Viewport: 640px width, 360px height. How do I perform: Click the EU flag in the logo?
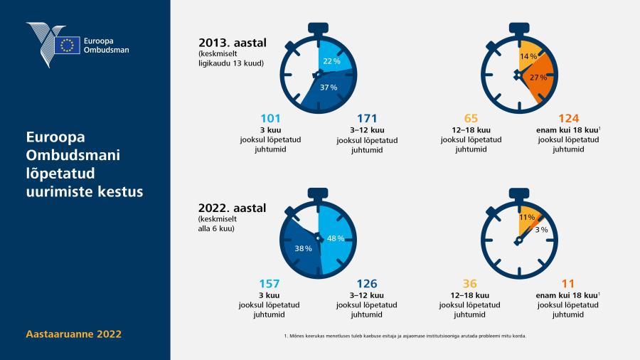pyautogui.click(x=67, y=45)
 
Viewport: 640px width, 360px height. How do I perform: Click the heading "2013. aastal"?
pyautogui.click(x=233, y=43)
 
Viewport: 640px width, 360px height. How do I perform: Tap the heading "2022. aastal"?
pyautogui.click(x=232, y=208)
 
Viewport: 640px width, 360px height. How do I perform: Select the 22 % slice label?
pyautogui.click(x=331, y=61)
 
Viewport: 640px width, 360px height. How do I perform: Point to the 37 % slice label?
pyautogui.click(x=328, y=88)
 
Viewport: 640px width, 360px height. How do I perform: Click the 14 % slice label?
pyautogui.click(x=528, y=56)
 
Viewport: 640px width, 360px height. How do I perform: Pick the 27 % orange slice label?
pyautogui.click(x=538, y=77)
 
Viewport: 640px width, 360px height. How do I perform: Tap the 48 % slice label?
pyautogui.click(x=336, y=238)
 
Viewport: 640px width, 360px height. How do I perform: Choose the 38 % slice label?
pyautogui.click(x=303, y=248)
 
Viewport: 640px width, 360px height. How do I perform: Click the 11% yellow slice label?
pyautogui.click(x=527, y=218)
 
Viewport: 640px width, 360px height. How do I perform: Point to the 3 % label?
pyautogui.click(x=541, y=230)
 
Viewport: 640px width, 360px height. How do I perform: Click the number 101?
pyautogui.click(x=270, y=119)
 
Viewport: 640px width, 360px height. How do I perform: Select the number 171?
pyautogui.click(x=367, y=119)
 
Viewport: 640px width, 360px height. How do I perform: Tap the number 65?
pyautogui.click(x=471, y=119)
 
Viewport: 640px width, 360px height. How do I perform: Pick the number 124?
pyautogui.click(x=569, y=119)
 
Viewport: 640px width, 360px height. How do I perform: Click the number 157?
pyautogui.click(x=270, y=284)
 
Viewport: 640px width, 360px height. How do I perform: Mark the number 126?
pyautogui.click(x=367, y=284)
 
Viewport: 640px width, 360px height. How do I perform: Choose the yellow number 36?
pyautogui.click(x=470, y=284)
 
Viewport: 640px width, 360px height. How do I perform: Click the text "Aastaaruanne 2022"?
pyautogui.click(x=73, y=334)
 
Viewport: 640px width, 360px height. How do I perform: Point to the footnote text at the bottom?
pyautogui.click(x=405, y=336)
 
